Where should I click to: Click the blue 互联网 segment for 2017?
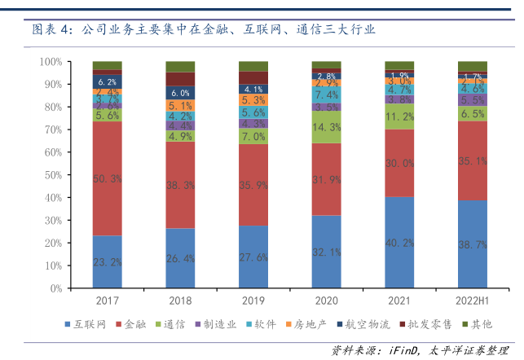pyautogui.click(x=107, y=261)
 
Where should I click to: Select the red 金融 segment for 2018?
pyautogui.click(x=180, y=185)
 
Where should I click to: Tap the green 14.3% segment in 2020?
pyautogui.click(x=326, y=127)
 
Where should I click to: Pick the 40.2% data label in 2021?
pyautogui.click(x=400, y=242)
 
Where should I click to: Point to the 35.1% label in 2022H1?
pyautogui.click(x=473, y=161)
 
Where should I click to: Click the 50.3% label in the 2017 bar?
pyautogui.click(x=107, y=178)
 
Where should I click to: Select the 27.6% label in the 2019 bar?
pyautogui.click(x=253, y=257)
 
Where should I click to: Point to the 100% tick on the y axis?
pyautogui.click(x=51, y=62)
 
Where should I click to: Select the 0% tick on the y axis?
pyautogui.click(x=56, y=288)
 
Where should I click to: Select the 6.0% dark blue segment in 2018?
pyautogui.click(x=180, y=93)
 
